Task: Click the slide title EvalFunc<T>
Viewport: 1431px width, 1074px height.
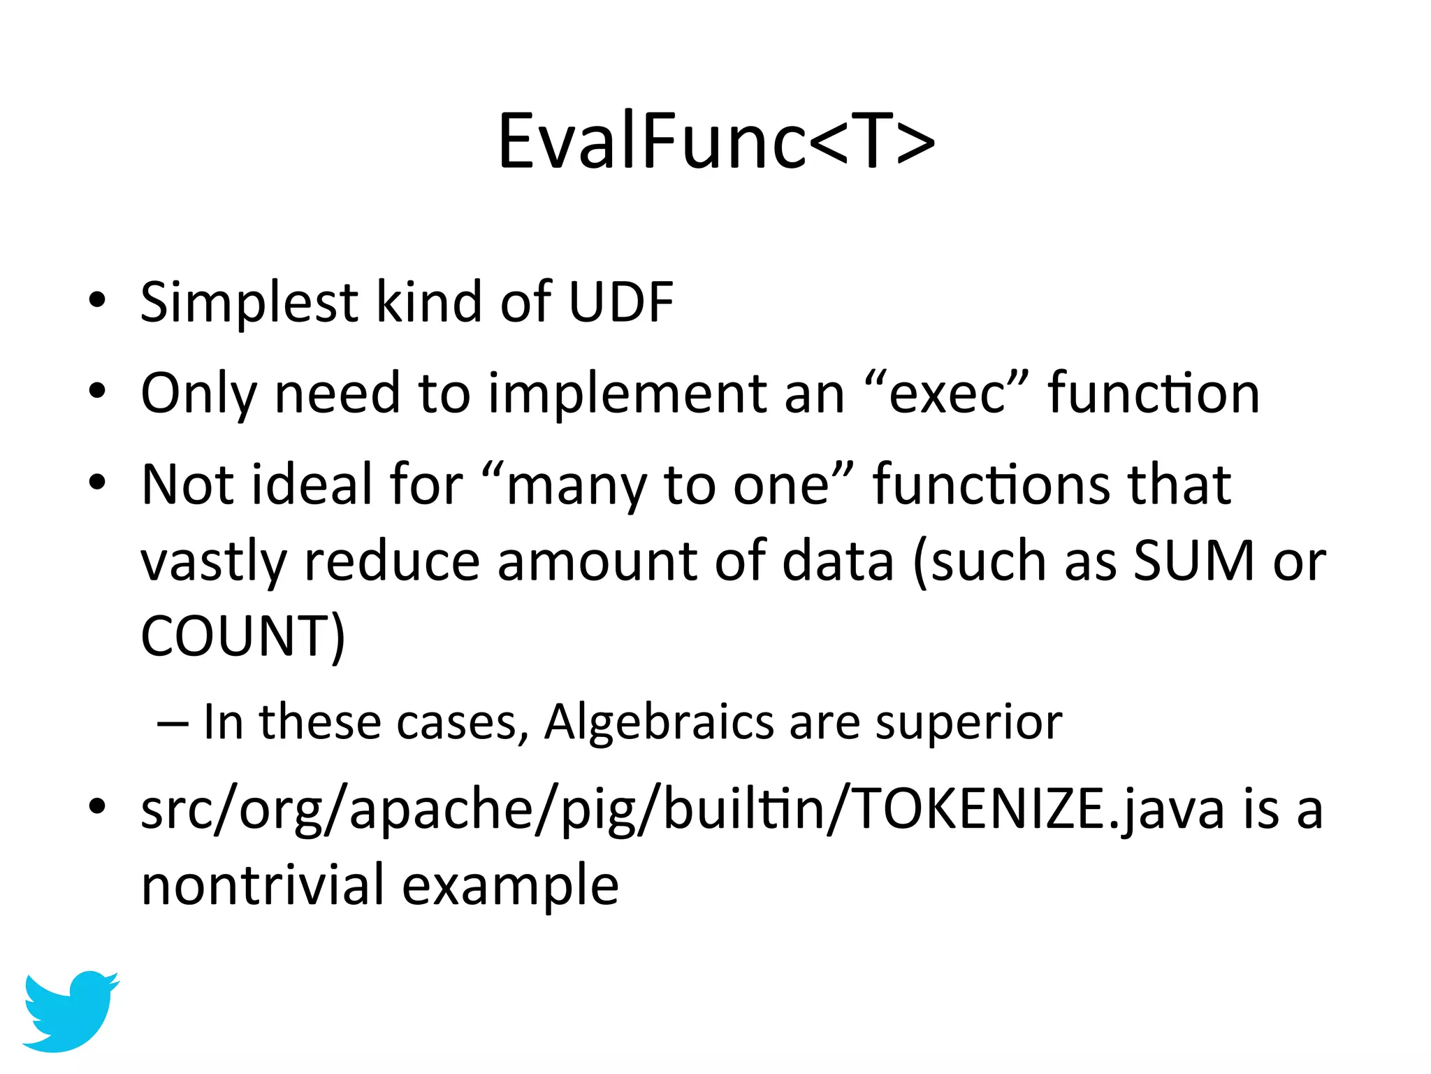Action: click(715, 142)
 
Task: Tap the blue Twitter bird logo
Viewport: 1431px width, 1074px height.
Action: click(70, 1010)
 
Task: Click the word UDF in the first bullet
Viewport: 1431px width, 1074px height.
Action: click(620, 302)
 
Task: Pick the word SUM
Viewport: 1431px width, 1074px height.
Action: click(1193, 561)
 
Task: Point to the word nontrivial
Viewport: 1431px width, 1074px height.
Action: click(263, 885)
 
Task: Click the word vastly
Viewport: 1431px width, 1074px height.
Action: click(214, 562)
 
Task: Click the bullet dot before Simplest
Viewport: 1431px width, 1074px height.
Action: click(98, 301)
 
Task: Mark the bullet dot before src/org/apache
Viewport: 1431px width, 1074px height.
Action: click(98, 807)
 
